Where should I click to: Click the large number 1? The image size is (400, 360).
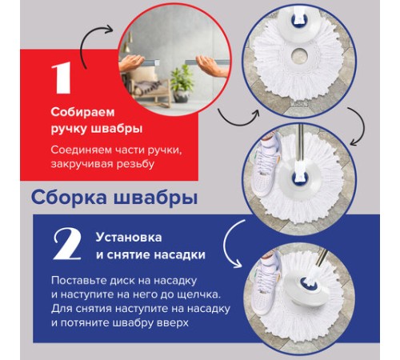[60, 79]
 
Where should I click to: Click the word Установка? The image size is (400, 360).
[129, 238]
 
